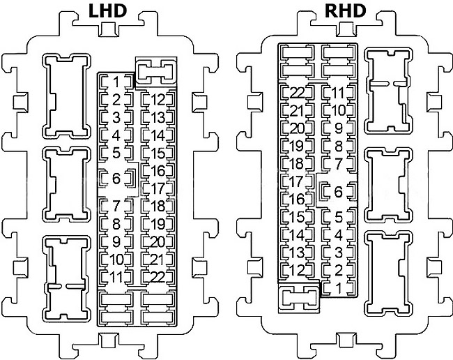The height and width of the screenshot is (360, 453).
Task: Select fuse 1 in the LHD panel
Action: pyautogui.click(x=116, y=82)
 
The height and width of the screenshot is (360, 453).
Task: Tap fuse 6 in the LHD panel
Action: pyautogui.click(x=116, y=179)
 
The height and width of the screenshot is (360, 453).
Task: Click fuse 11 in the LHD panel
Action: pyautogui.click(x=116, y=277)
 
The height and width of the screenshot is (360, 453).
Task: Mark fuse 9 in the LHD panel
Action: pyautogui.click(x=116, y=241)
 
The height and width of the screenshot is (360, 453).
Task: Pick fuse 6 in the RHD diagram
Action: pyautogui.click(x=339, y=191)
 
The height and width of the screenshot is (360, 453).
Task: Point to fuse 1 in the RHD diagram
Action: pyautogui.click(x=339, y=287)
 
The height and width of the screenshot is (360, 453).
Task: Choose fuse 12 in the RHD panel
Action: pyautogui.click(x=298, y=270)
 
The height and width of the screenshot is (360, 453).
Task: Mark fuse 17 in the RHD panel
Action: pyautogui.click(x=298, y=181)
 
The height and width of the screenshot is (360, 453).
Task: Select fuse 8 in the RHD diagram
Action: pyautogui.click(x=339, y=147)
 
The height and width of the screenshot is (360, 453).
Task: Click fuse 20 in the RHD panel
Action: pyautogui.click(x=298, y=128)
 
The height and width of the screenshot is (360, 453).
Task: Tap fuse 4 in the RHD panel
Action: pyautogui.click(x=339, y=235)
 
